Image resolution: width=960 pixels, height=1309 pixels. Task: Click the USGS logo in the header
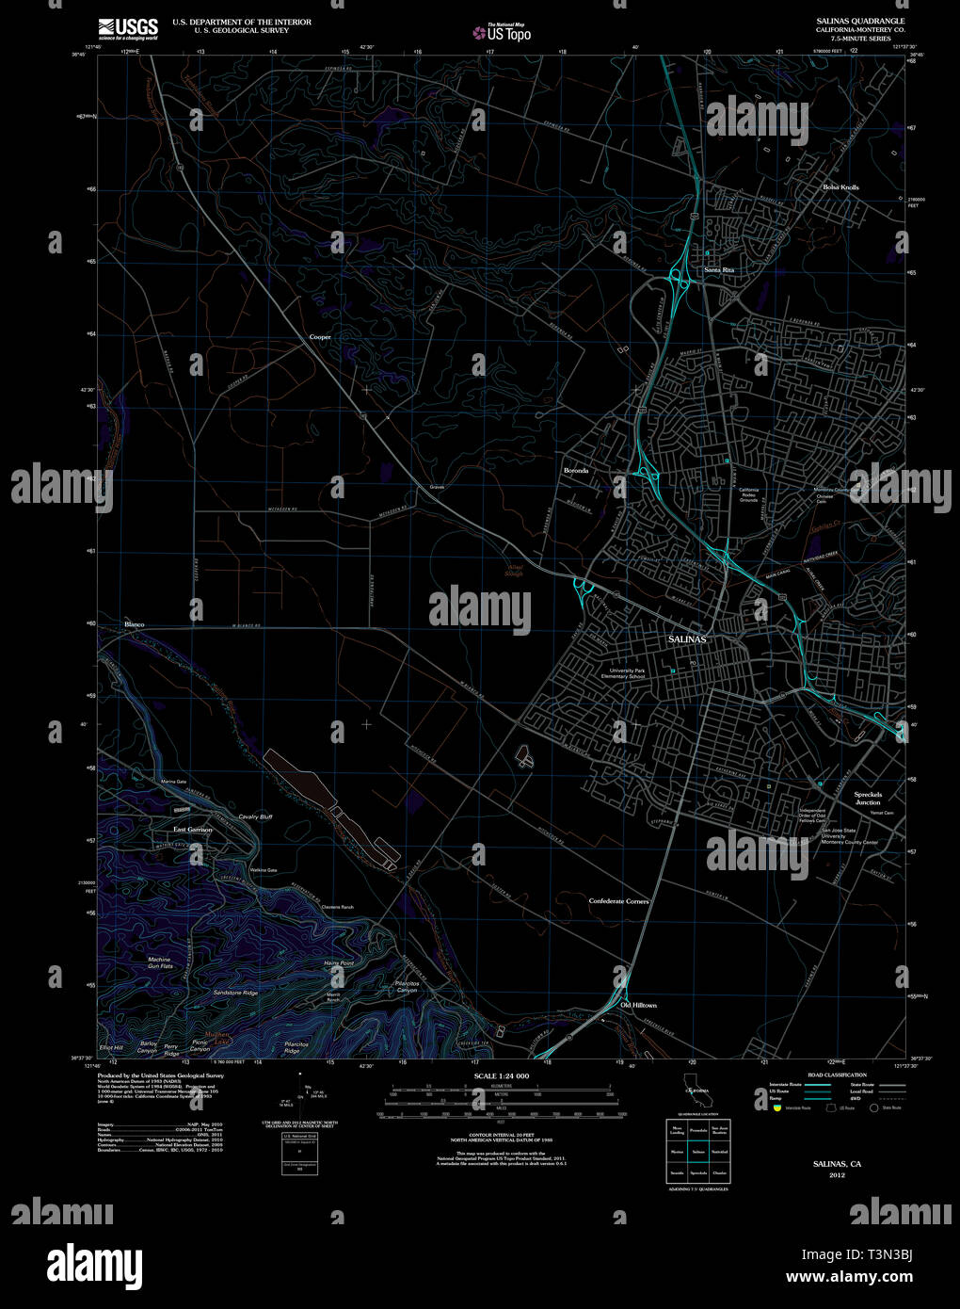click(x=129, y=27)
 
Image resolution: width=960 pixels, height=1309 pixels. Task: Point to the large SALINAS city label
click(x=686, y=639)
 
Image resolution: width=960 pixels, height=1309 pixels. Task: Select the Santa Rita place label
click(x=719, y=270)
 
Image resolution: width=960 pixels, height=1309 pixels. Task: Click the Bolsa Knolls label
click(x=840, y=187)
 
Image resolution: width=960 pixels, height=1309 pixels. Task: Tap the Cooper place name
click(x=320, y=336)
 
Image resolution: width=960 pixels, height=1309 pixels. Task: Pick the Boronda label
click(x=575, y=471)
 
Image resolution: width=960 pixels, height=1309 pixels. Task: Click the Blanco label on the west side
click(x=134, y=624)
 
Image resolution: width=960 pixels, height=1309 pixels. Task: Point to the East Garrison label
click(x=192, y=830)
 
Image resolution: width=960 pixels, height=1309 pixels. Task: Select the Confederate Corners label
click(x=618, y=901)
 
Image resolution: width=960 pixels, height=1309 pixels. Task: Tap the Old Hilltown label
click(x=638, y=1006)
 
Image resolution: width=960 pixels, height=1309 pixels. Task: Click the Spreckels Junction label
click(x=868, y=799)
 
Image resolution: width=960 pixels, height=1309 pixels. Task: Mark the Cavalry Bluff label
click(x=254, y=816)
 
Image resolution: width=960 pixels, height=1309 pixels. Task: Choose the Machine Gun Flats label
click(x=159, y=963)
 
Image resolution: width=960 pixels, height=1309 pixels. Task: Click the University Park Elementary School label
click(x=625, y=673)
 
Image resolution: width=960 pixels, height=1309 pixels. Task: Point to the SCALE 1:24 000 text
click(x=502, y=1075)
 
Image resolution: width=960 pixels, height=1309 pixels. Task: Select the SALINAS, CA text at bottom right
click(x=837, y=1164)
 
